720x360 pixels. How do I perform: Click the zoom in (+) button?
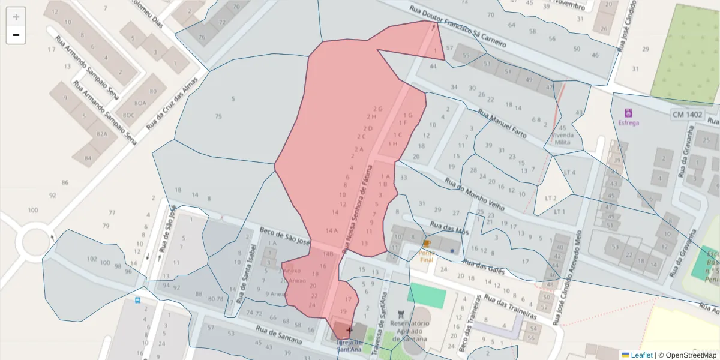click(16, 17)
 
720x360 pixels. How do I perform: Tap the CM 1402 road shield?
click(688, 114)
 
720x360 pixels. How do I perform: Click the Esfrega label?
click(628, 123)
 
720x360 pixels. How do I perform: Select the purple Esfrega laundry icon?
click(628, 112)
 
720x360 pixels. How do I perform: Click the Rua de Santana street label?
click(278, 335)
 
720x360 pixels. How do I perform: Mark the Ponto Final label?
click(426, 256)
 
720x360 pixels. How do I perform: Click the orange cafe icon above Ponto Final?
click(427, 244)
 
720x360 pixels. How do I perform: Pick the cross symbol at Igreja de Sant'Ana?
click(349, 330)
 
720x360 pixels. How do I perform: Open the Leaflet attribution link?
click(641, 355)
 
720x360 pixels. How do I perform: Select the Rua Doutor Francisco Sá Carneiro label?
click(458, 28)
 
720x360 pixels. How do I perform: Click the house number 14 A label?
click(332, 231)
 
